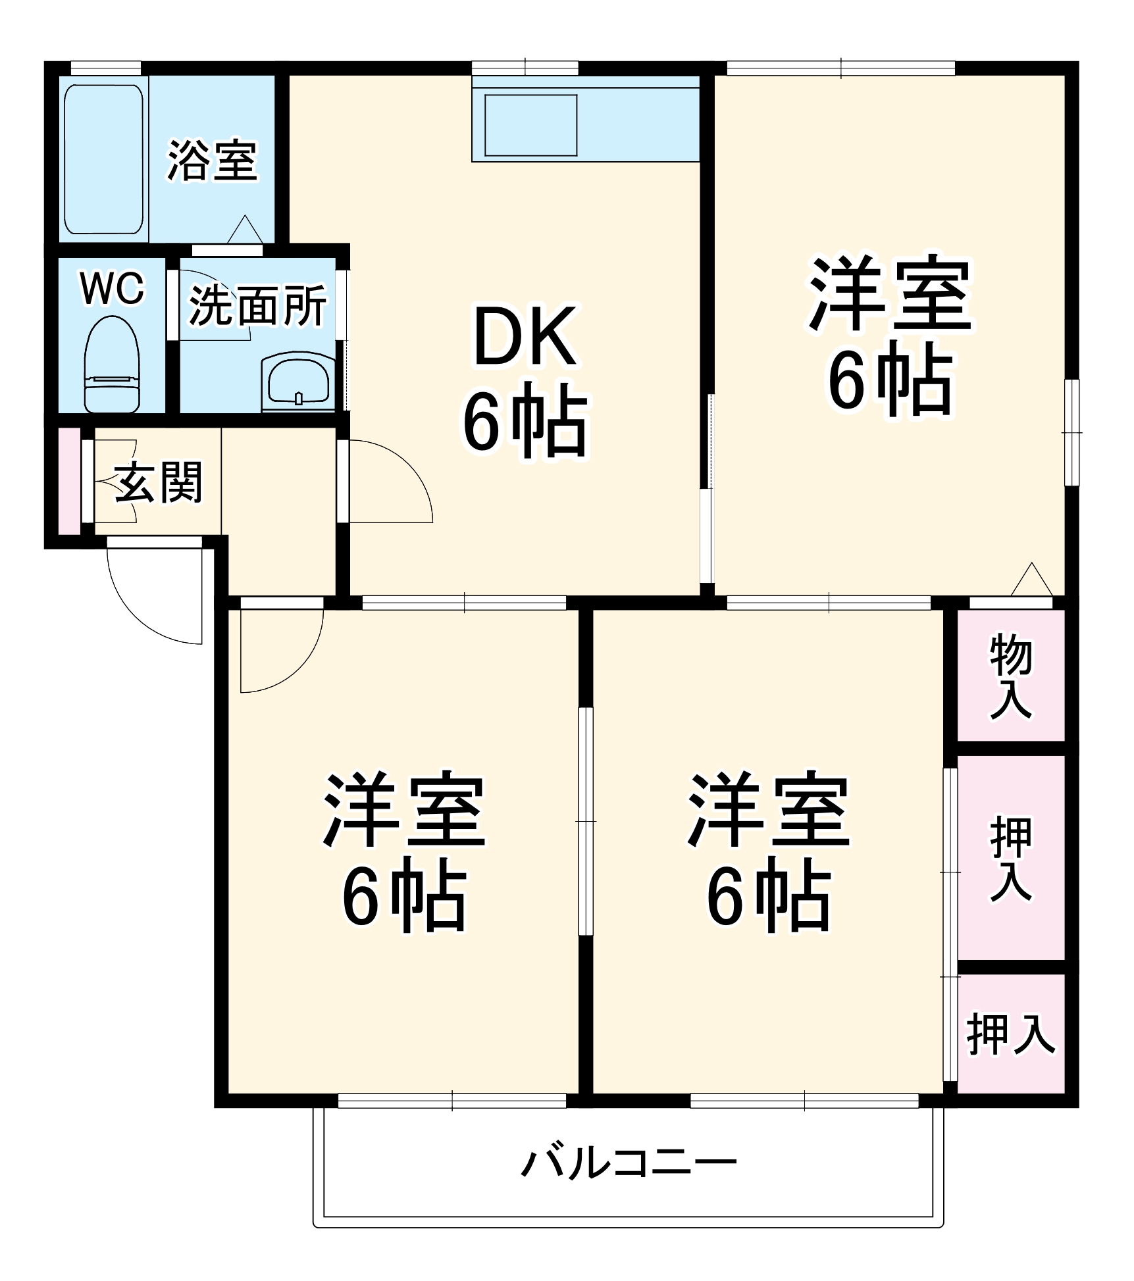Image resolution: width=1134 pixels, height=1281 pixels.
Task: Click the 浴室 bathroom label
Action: (211, 160)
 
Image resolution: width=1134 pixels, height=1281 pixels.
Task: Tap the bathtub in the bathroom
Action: (103, 159)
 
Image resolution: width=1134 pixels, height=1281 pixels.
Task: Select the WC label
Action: (112, 288)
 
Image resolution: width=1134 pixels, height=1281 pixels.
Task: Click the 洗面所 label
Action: (257, 305)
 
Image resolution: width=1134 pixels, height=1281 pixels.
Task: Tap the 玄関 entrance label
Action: (159, 482)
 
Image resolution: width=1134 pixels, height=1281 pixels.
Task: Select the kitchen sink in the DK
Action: (530, 126)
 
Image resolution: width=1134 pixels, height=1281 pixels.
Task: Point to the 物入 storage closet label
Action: (1010, 676)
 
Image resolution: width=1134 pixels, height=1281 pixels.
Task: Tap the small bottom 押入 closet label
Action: (1010, 1035)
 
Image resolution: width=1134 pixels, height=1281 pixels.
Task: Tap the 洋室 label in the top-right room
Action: (890, 294)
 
